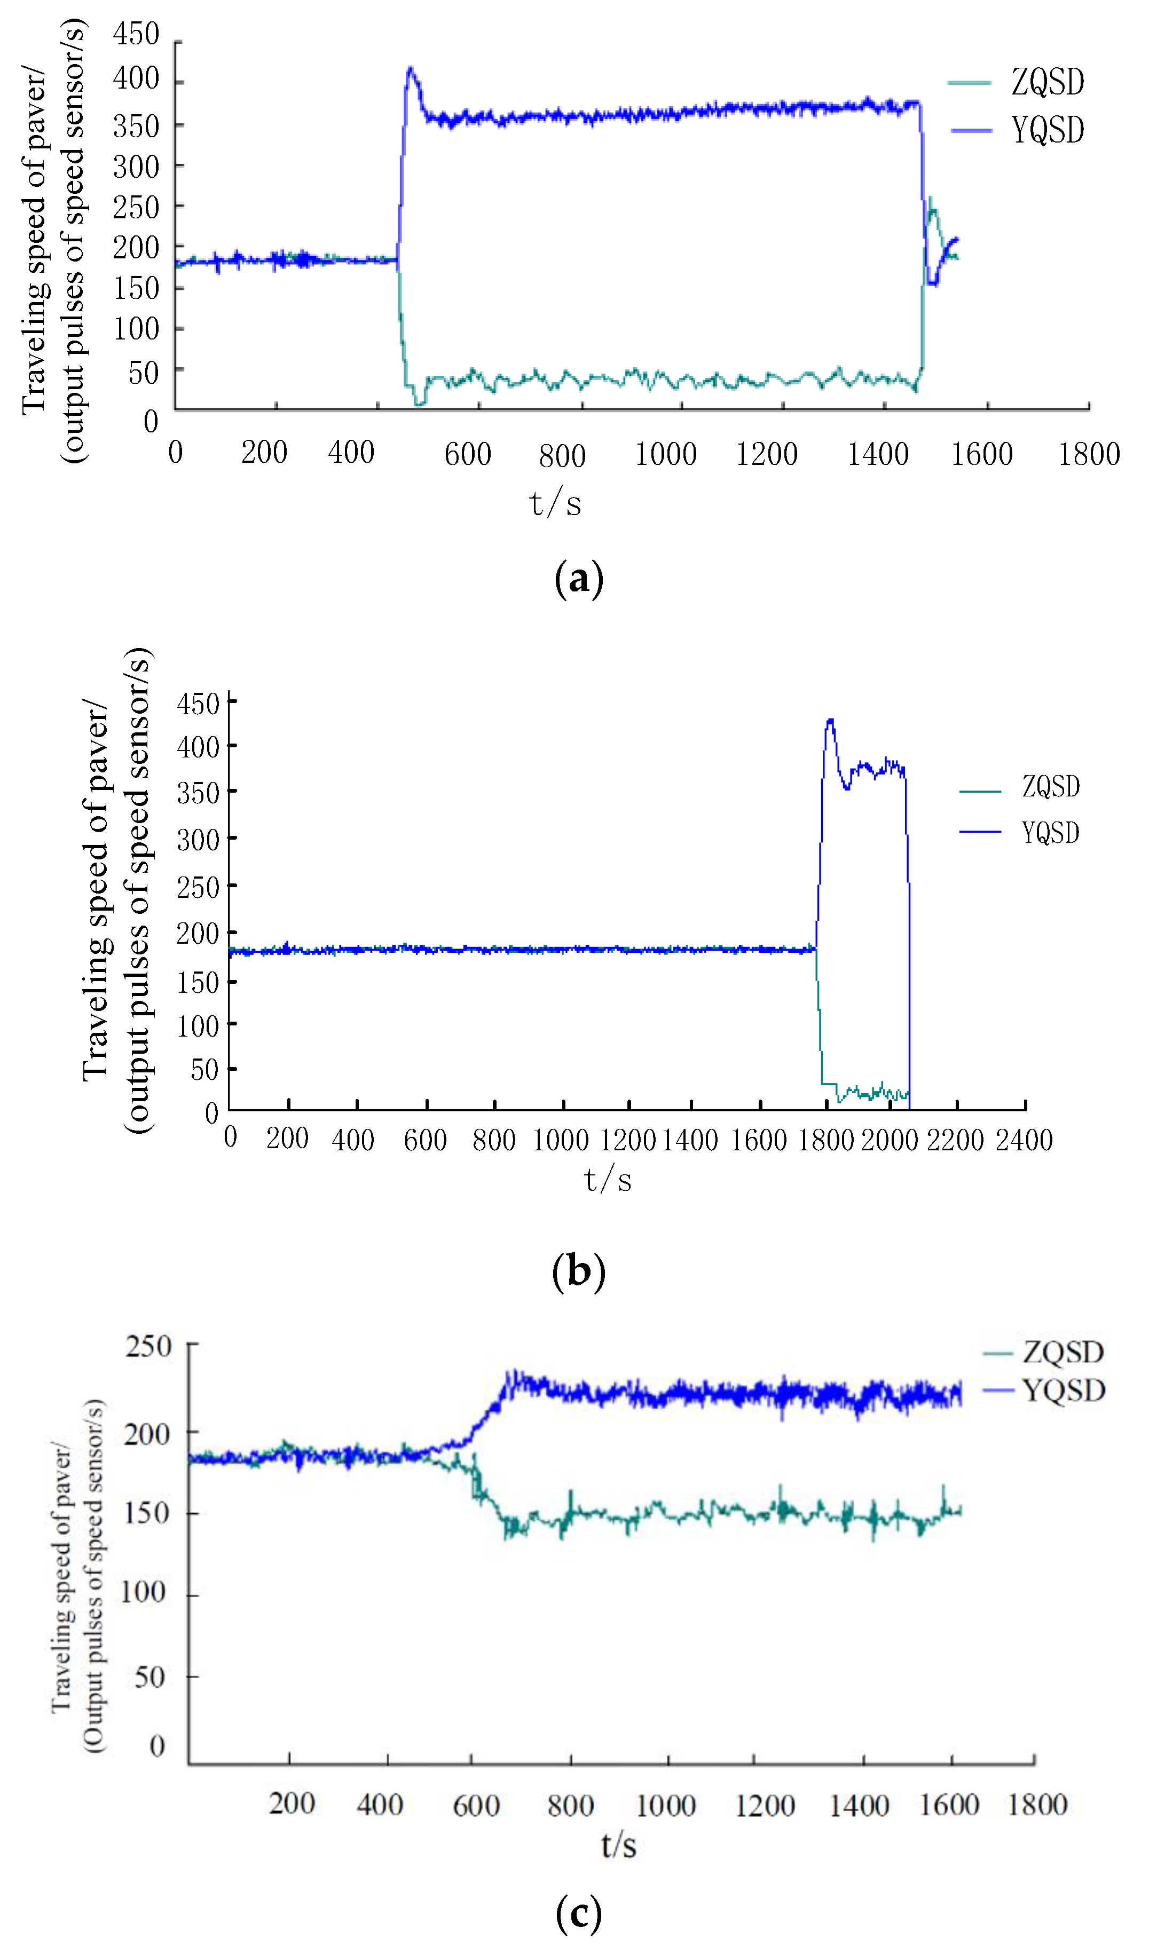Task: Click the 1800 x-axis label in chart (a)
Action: click(x=1088, y=454)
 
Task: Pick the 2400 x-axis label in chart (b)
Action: click(x=1024, y=1140)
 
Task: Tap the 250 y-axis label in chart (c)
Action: click(x=148, y=1346)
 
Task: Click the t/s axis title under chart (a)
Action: click(x=555, y=503)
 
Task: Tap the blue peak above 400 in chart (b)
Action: click(x=830, y=721)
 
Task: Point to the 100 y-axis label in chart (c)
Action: click(x=143, y=1592)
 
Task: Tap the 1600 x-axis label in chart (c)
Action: click(x=948, y=1804)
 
